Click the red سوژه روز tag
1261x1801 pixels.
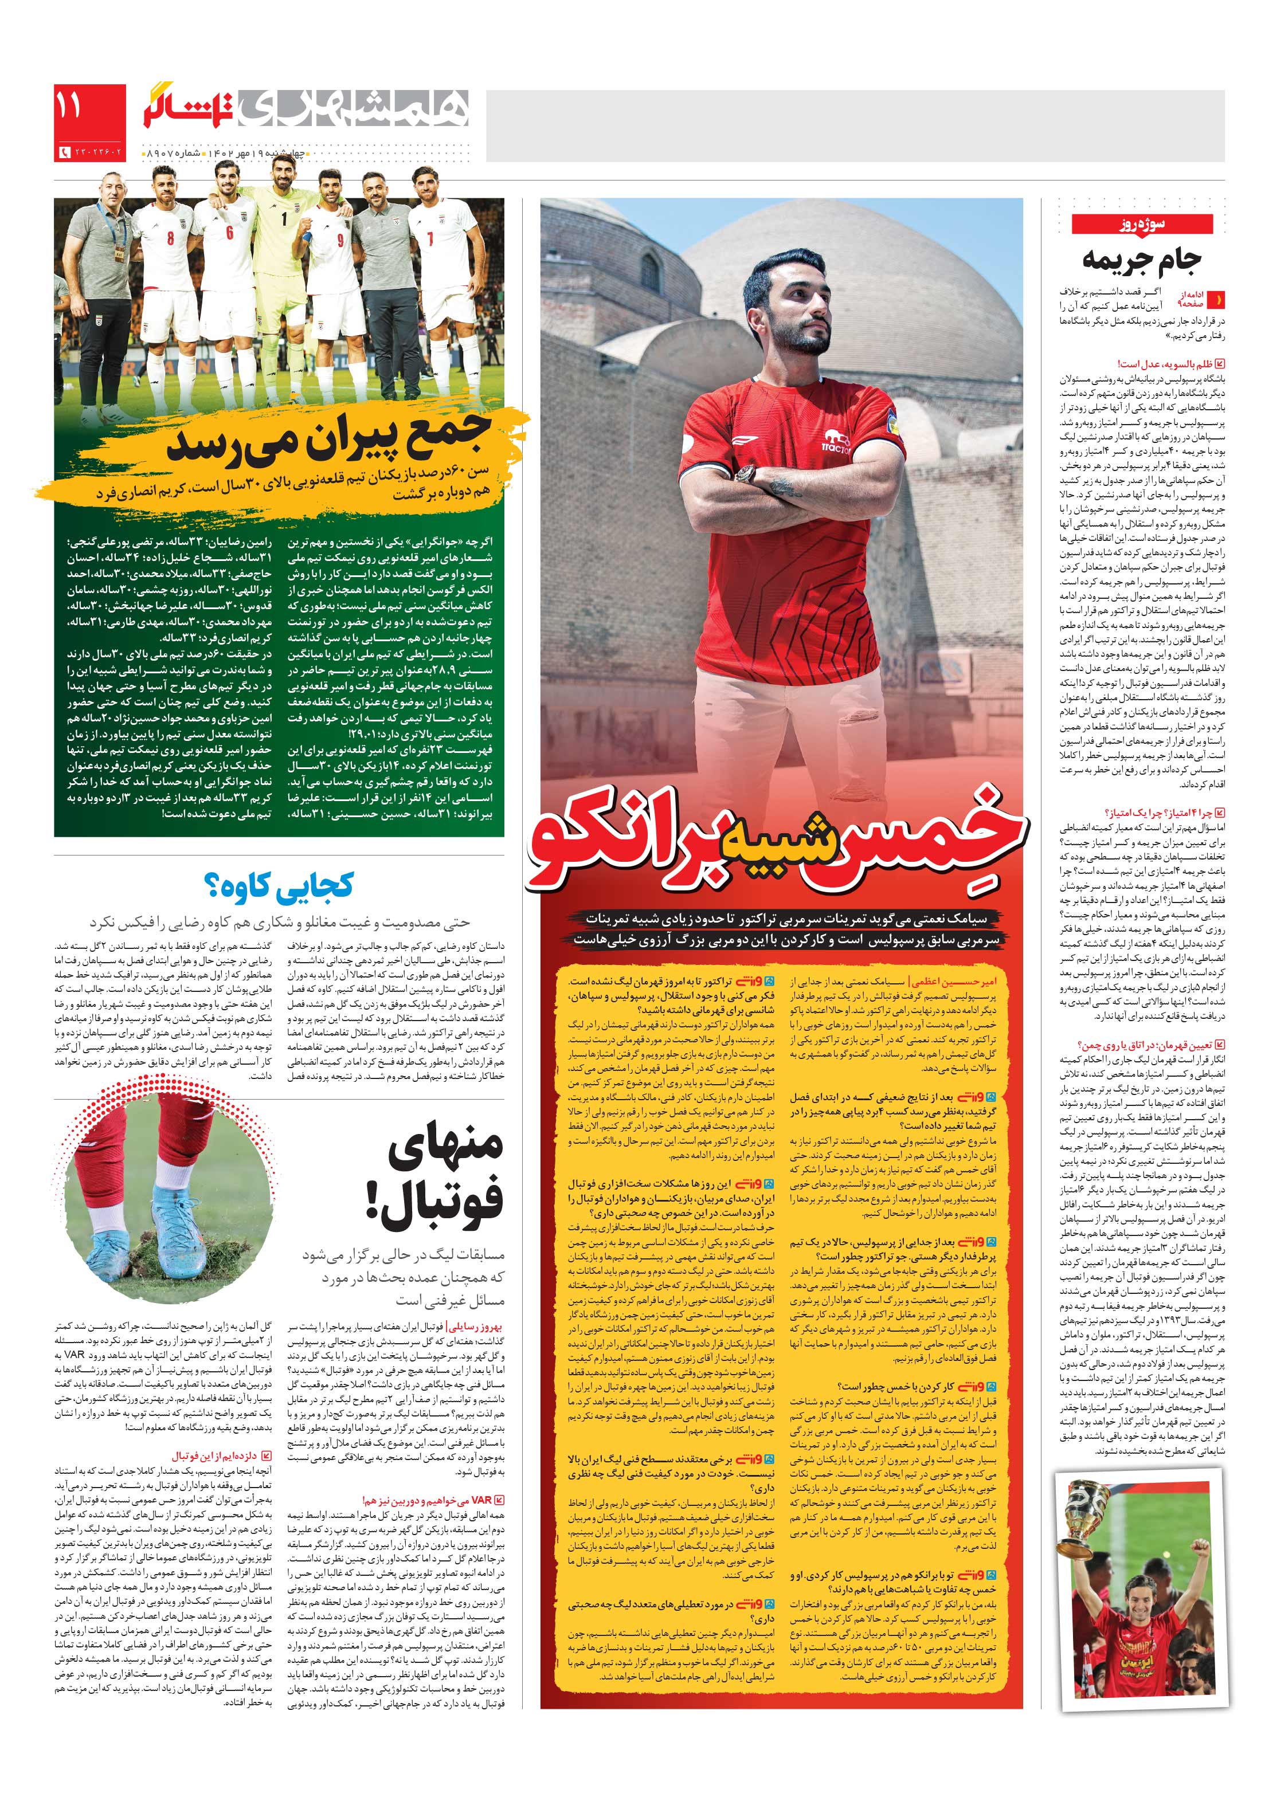pos(1141,225)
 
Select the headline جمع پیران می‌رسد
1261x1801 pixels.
pos(330,443)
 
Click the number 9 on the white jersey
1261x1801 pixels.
pos(340,240)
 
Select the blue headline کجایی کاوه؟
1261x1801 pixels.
pos(279,885)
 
